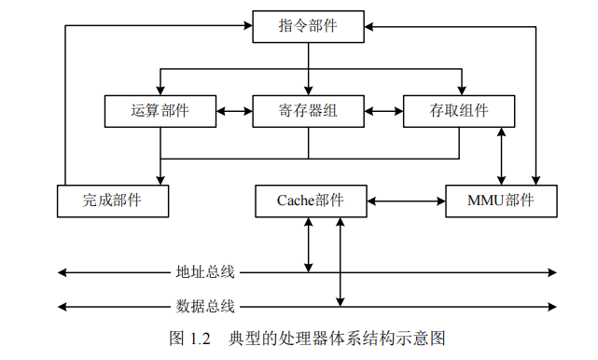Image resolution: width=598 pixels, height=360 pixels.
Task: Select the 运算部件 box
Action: tap(160, 111)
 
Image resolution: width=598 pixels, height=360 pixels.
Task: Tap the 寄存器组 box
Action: tap(308, 111)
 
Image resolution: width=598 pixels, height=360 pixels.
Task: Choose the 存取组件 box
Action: tap(458, 111)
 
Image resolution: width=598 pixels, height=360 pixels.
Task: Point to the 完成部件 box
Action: tap(113, 201)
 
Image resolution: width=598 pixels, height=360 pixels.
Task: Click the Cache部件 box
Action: tap(310, 201)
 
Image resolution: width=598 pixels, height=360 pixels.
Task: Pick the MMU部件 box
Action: tap(501, 201)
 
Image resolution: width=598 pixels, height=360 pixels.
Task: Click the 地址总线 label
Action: tap(205, 272)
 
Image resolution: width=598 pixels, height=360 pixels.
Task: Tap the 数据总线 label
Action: tap(205, 305)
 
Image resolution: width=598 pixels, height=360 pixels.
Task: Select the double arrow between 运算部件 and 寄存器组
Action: tap(234, 111)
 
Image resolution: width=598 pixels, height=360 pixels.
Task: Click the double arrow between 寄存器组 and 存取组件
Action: tap(383, 111)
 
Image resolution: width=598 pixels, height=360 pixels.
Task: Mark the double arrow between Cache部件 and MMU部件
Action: tap(404, 201)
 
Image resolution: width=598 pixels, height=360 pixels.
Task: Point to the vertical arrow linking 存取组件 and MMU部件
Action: tap(503, 156)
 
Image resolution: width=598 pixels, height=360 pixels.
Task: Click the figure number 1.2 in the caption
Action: tap(203, 337)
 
